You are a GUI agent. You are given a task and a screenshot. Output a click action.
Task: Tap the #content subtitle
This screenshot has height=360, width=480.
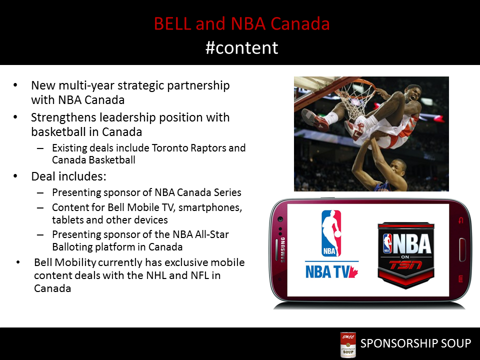242,48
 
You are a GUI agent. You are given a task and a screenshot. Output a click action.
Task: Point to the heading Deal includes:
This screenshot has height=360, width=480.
68,176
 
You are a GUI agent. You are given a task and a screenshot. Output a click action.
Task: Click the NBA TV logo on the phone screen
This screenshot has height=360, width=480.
332,244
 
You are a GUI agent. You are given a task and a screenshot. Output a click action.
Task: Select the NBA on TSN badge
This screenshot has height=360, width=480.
406,255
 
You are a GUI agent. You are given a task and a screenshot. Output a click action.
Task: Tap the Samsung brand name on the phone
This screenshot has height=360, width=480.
283,249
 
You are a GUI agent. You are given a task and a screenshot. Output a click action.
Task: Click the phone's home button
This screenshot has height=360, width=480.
462,250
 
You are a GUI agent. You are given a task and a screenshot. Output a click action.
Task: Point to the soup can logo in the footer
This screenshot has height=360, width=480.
348,344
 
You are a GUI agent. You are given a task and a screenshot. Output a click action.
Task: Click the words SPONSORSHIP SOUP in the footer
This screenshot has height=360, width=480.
415,343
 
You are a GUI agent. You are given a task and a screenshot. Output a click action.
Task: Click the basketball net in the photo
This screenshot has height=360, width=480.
355,98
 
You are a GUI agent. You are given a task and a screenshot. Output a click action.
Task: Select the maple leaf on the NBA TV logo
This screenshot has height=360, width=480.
353,271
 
